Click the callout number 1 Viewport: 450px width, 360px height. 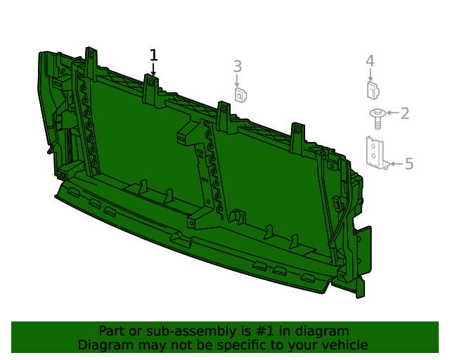tap(153, 55)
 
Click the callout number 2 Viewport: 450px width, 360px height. tap(405, 112)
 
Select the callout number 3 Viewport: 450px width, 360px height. tap(238, 66)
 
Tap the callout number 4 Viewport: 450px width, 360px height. tap(370, 61)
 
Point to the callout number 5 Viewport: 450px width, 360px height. tap(409, 164)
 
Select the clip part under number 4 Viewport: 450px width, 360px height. tap(373, 90)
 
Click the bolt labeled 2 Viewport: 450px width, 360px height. tap(378, 117)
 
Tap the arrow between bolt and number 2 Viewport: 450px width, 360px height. tap(392, 112)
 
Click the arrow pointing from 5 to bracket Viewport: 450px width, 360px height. tap(396, 164)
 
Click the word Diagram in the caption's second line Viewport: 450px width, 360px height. tap(102, 345)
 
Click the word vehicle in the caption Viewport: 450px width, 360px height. tap(342, 345)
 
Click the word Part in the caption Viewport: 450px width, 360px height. tap(111, 330)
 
